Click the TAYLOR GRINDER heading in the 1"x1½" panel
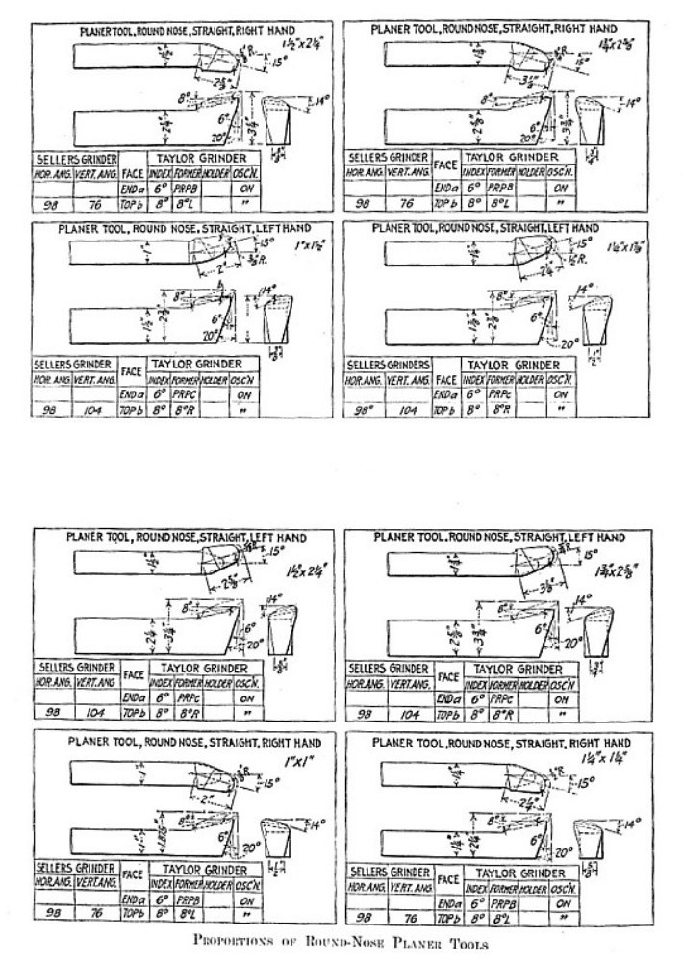199,365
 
